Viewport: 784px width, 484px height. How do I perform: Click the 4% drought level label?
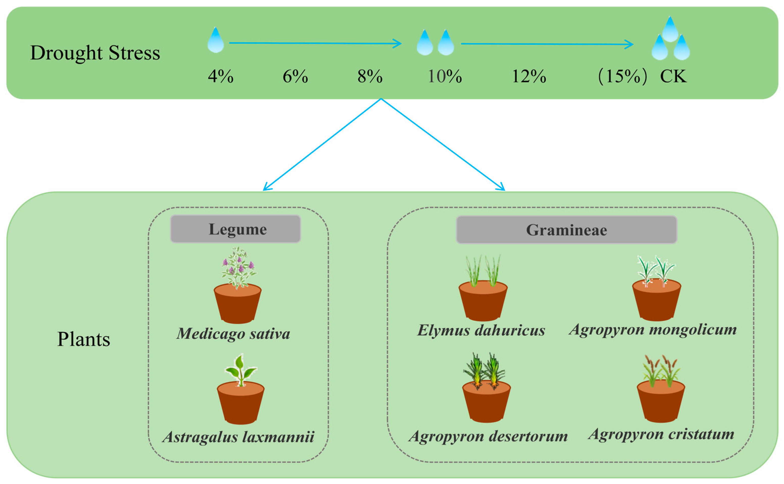click(220, 77)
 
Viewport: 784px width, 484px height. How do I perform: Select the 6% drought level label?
click(295, 77)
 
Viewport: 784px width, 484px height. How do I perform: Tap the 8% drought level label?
click(370, 77)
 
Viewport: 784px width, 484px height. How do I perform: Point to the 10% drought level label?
click(445, 77)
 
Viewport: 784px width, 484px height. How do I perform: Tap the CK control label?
click(673, 77)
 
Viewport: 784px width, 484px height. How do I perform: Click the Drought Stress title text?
click(95, 53)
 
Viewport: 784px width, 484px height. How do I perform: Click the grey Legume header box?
click(235, 229)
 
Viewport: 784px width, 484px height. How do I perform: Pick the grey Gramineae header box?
click(566, 230)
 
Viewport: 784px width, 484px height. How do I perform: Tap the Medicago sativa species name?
click(233, 334)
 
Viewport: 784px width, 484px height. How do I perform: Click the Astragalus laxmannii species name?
click(238, 437)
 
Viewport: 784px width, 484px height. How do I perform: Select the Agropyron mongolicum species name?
click(653, 329)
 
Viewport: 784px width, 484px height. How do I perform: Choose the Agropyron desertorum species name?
click(488, 436)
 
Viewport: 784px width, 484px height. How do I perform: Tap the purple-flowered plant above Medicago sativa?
click(238, 267)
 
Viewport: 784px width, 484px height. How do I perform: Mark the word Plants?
click(84, 339)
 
